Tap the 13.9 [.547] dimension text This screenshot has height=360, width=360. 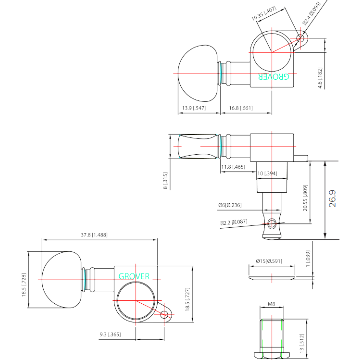point(194,108)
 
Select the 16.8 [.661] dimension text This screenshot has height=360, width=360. point(241,108)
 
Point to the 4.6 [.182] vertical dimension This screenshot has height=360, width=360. point(320,78)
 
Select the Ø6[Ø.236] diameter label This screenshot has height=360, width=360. point(230,205)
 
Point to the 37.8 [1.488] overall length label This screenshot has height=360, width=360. point(94,235)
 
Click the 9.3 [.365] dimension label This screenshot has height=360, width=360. point(110,334)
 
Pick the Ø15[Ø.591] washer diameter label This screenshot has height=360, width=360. point(269,261)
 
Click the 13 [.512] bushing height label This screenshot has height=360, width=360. point(302,343)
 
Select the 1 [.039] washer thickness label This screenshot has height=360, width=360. point(308,258)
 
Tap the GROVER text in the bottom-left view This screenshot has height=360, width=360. point(134,276)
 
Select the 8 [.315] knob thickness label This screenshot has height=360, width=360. point(165,181)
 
